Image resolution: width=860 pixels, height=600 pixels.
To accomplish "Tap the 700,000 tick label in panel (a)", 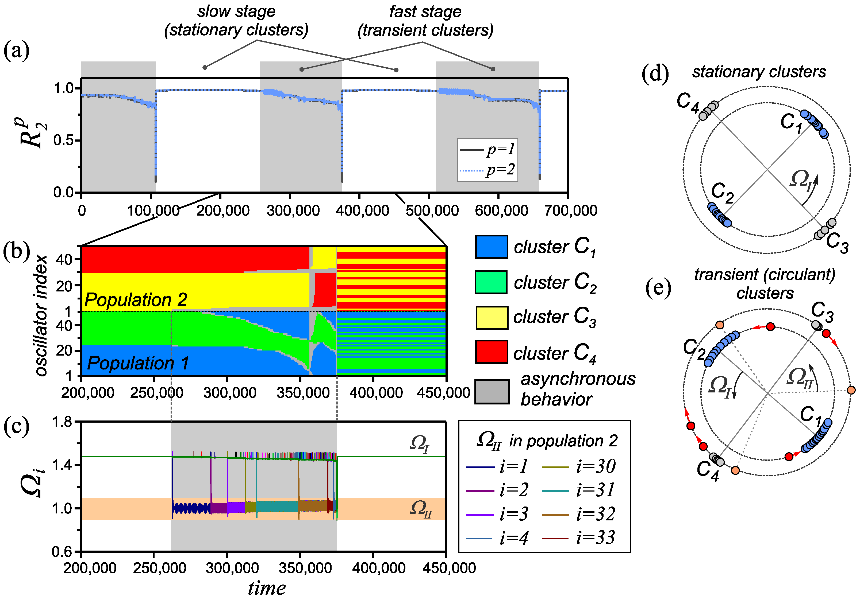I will click(570, 211).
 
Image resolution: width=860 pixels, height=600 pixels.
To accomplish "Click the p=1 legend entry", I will click(487, 150).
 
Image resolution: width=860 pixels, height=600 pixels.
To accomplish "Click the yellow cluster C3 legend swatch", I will click(492, 317).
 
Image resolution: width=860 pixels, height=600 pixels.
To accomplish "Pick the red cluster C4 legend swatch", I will click(492, 352).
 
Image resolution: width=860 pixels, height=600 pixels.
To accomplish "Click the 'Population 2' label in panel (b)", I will click(136, 300).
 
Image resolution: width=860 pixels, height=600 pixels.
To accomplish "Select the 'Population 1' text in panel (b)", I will click(138, 363).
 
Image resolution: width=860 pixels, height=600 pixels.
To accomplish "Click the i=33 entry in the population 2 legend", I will click(578, 538).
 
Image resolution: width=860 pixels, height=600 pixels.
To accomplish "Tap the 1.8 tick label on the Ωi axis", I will click(62, 422).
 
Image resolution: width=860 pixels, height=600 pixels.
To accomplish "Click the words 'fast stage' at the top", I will click(425, 11).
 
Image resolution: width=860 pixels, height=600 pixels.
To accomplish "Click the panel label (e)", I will click(658, 289).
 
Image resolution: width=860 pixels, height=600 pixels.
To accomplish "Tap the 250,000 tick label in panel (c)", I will click(159, 568).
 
